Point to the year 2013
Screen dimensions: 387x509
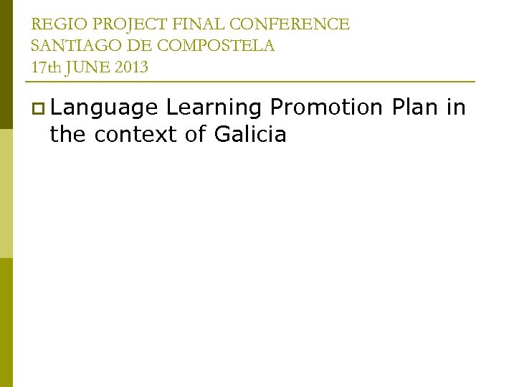[130, 67]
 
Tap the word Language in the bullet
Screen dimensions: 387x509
[105, 108]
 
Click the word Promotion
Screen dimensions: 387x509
[327, 108]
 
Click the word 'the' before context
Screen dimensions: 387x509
[68, 134]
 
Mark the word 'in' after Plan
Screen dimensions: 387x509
[457, 108]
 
